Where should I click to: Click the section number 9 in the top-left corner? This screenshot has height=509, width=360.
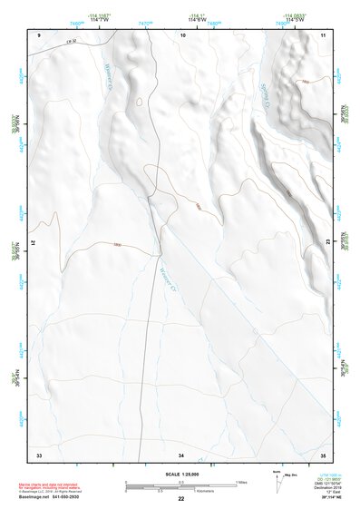point(40,34)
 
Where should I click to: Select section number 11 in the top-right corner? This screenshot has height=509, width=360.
point(323,34)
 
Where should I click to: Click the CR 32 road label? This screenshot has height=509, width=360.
point(72,41)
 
